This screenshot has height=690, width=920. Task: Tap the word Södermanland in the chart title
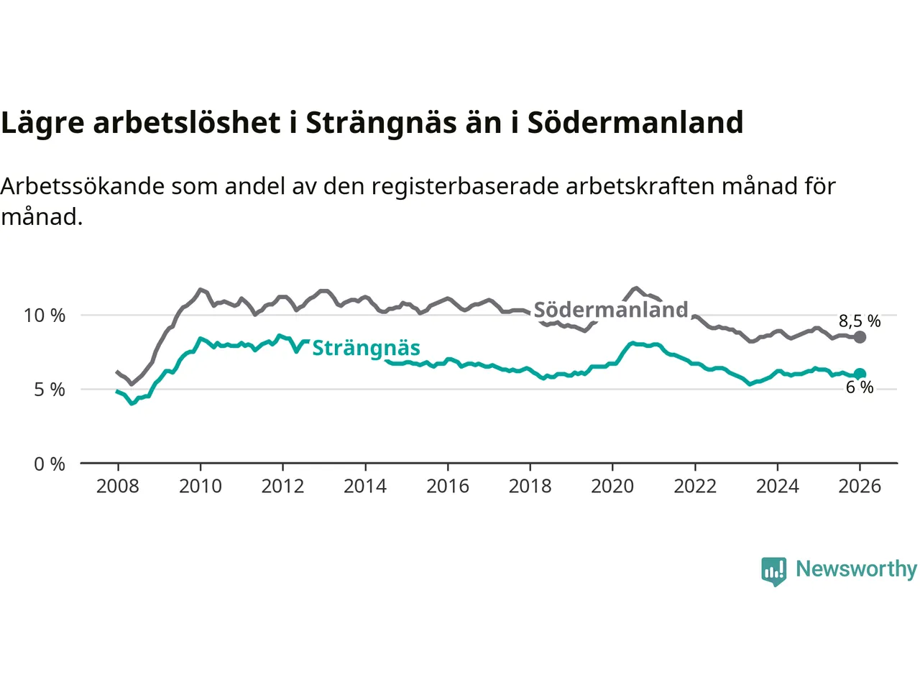[635, 123]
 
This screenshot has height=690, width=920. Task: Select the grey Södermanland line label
[611, 310]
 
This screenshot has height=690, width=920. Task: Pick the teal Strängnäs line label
[366, 348]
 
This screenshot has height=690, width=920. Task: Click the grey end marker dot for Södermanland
[860, 337]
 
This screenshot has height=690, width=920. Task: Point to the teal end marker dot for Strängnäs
[860, 374]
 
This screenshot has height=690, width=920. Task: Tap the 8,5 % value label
[860, 321]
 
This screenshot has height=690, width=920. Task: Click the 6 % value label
[860, 387]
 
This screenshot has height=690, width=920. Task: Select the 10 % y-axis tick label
[45, 316]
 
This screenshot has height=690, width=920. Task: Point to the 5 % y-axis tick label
[50, 390]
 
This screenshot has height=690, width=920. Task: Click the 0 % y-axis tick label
[50, 464]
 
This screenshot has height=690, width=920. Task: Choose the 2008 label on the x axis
[118, 487]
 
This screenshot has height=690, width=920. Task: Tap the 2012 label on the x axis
[282, 487]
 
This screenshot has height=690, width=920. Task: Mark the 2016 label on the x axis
[448, 487]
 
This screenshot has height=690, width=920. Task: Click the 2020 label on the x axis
[612, 487]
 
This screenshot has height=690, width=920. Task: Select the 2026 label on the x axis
[860, 487]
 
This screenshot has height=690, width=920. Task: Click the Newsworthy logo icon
[774, 571]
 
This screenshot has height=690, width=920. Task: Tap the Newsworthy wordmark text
[856, 569]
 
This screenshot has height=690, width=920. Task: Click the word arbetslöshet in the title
[187, 123]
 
